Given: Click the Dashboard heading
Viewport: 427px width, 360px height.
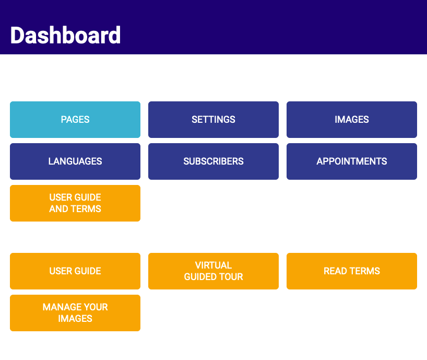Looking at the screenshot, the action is [x=65, y=35].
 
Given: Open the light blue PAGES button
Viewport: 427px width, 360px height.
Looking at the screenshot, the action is [x=75, y=120].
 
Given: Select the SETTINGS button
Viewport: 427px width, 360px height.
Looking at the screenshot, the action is [x=214, y=120].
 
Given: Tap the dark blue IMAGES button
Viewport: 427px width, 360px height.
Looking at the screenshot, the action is [x=352, y=120].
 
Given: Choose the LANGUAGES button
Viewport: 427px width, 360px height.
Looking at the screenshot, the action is [x=75, y=161].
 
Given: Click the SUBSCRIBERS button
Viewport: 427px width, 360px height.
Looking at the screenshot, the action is [x=214, y=161].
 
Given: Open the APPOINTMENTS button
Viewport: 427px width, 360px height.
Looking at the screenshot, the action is [x=352, y=161].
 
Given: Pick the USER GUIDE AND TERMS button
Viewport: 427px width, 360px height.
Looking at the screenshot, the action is [x=75, y=203].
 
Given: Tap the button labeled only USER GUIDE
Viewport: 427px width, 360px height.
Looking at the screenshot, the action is [x=75, y=271].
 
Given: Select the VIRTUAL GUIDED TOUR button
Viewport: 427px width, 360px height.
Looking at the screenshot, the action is [x=214, y=271].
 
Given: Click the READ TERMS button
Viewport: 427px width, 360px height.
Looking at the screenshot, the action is [x=352, y=271].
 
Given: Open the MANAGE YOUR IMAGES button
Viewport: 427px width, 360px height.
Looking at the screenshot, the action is [x=75, y=313].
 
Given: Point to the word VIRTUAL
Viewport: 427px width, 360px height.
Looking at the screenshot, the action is [x=214, y=265].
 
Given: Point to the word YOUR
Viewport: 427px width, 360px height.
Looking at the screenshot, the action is [x=96, y=307].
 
